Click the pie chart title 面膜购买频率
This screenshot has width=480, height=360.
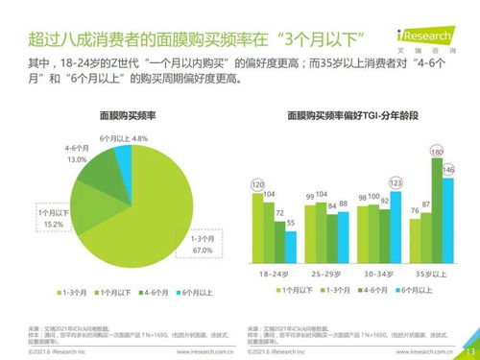(123, 115)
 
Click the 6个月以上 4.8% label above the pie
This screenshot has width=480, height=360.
(123, 138)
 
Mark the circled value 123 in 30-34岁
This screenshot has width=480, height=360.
(396, 182)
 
